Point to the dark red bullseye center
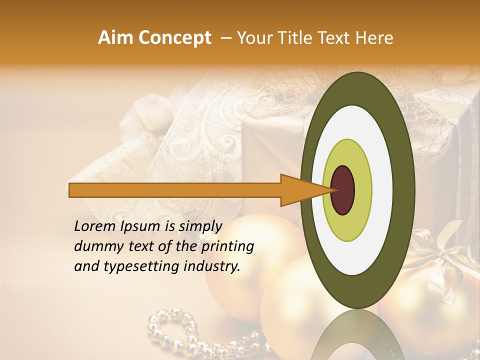[x=342, y=190]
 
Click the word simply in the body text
[x=198, y=227]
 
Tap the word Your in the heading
[x=254, y=38]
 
